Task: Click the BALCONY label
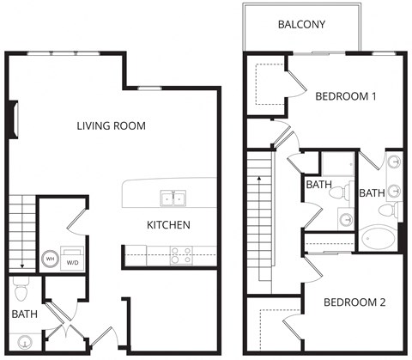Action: coord(300,24)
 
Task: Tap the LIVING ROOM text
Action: coord(111,126)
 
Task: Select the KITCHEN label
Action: coord(168,225)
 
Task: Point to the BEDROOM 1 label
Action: coord(346,96)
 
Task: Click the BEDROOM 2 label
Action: coord(354,302)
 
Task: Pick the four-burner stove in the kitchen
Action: coord(181,254)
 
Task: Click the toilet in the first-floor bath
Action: coord(22,284)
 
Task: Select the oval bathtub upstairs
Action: coord(378,236)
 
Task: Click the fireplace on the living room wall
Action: coord(13,119)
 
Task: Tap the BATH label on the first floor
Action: coord(23,315)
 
